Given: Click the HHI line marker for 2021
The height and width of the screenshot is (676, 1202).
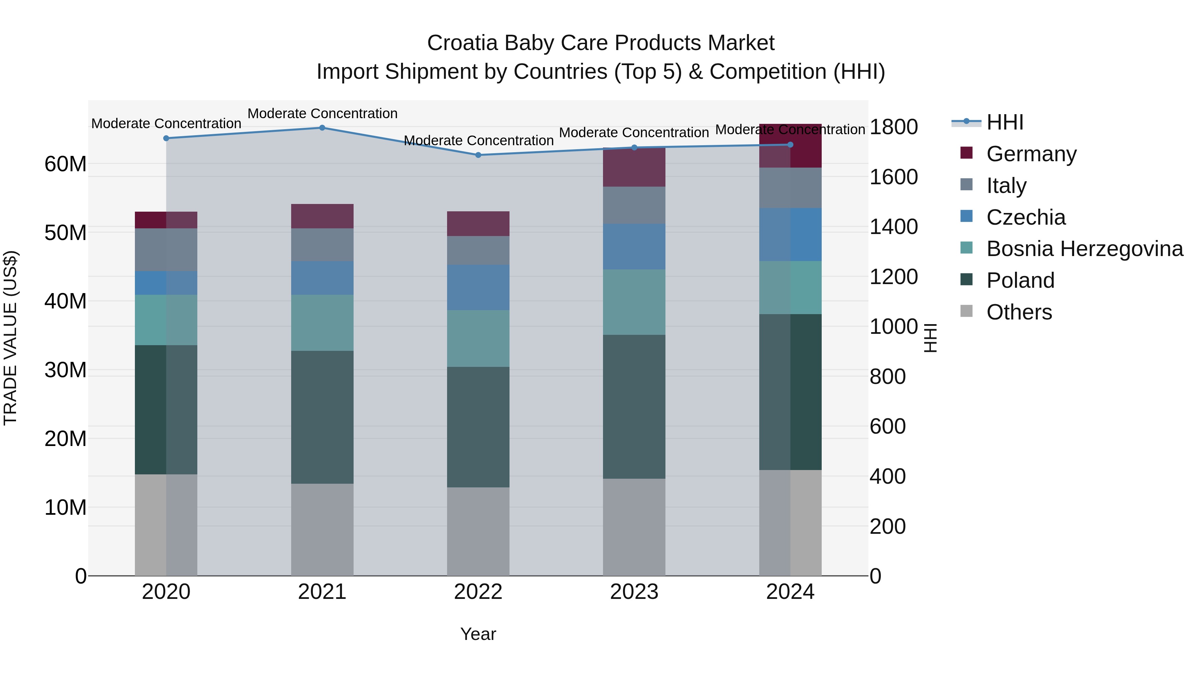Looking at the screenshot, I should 322,128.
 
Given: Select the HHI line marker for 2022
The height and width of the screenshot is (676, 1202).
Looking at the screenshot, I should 478,155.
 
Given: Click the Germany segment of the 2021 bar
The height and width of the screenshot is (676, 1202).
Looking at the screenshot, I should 322,216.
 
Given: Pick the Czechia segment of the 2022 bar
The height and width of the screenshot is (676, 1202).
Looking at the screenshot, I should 478,287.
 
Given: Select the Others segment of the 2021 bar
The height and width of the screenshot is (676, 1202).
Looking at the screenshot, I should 322,529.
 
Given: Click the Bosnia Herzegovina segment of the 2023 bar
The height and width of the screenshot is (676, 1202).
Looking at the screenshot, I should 634,302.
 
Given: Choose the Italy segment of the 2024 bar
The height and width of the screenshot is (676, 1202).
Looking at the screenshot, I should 790,188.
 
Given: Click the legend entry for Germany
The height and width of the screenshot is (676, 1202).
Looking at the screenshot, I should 1031,154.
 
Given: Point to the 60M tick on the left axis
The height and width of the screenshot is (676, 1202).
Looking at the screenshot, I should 65,164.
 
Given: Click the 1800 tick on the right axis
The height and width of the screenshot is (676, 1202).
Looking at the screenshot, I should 893,127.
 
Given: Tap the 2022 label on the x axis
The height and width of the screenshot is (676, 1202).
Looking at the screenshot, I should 478,592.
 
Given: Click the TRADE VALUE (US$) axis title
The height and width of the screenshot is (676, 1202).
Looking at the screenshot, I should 10,338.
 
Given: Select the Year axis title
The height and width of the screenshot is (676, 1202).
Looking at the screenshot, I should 478,634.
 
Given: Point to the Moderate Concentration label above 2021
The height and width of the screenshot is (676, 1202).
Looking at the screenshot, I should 322,114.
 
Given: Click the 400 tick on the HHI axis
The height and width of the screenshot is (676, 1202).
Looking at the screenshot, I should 887,476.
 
